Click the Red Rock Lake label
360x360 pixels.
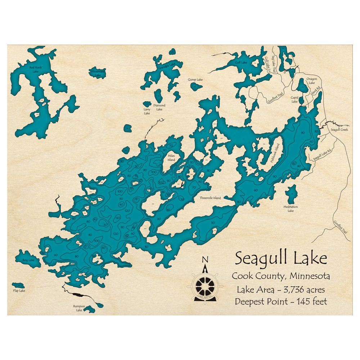tap(36, 69)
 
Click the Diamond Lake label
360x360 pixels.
tap(159, 107)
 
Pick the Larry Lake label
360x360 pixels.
tap(147, 111)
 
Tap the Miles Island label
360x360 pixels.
tap(171, 158)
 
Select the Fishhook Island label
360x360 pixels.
tap(275, 154)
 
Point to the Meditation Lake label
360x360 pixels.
tap(291, 209)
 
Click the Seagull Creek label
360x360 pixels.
tap(339, 130)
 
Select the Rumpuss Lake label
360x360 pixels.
tap(79, 308)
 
